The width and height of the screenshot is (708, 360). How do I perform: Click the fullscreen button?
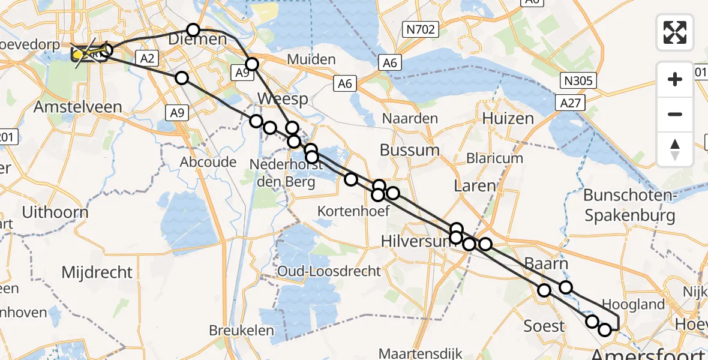point(675,32)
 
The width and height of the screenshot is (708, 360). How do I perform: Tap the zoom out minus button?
point(675,114)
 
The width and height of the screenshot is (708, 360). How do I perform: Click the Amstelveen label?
point(78,107)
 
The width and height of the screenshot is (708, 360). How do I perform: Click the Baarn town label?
point(546,263)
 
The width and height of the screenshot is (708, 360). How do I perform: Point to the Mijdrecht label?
point(97,272)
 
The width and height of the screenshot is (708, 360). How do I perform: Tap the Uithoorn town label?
point(55,212)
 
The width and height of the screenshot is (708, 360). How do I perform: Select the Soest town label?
point(544,326)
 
